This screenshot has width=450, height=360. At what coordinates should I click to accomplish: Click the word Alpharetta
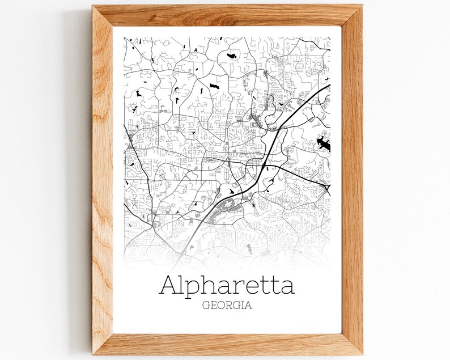(227, 285)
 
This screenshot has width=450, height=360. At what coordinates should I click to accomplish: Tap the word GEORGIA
(227, 305)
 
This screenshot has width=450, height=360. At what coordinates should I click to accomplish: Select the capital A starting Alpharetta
(169, 285)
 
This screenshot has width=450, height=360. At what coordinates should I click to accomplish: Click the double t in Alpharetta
(269, 286)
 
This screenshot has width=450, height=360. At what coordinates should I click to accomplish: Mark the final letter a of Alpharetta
(287, 287)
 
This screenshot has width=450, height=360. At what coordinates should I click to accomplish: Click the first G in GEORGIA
(206, 305)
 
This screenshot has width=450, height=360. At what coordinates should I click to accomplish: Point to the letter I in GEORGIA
(241, 305)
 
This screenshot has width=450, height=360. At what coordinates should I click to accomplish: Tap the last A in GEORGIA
(248, 305)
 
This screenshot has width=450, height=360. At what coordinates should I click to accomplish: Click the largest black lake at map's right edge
(324, 144)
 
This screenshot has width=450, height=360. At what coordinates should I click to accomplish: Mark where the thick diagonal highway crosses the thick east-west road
(264, 164)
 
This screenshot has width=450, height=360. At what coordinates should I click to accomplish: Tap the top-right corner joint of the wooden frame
(352, 16)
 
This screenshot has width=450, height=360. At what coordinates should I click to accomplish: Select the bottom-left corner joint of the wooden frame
(104, 344)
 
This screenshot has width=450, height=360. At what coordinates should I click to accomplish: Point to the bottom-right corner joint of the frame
(352, 344)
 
